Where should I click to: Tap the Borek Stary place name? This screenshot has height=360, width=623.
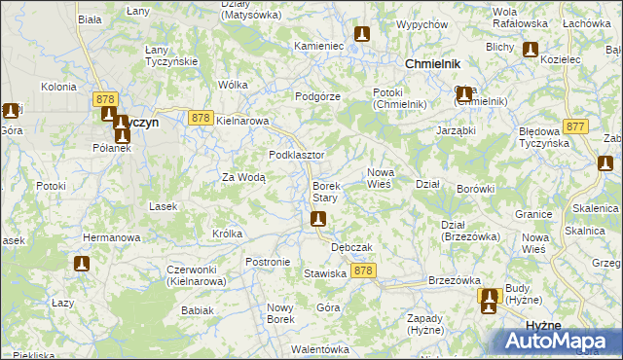pos(325,192)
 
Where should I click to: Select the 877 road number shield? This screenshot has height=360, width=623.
pos(575,126)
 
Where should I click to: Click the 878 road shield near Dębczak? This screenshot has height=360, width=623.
pos(364,270)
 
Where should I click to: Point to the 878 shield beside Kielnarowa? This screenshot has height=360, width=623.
pos(201,118)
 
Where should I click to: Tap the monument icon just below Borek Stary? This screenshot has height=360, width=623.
pos(317,221)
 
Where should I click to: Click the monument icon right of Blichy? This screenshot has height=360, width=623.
pos(531,49)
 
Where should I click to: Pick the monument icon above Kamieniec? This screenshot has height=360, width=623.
pos(362,35)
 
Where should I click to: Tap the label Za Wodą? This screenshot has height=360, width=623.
pos(243,177)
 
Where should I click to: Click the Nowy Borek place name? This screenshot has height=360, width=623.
pos(280,312)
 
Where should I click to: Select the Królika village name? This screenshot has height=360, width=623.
pos(227,234)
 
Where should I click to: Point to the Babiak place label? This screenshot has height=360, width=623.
pos(198,310)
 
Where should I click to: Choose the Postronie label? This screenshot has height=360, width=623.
pos(268,262)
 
